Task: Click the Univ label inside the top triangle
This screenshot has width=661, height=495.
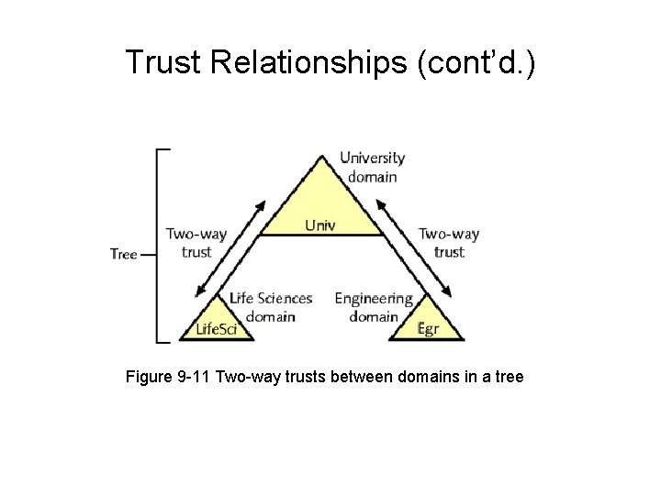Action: pos(320,224)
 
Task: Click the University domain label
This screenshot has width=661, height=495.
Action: pos(373,167)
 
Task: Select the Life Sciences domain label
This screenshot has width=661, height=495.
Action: pos(272,307)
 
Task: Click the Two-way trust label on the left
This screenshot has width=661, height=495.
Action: pos(196,242)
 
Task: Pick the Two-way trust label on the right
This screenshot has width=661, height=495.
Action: pos(449,242)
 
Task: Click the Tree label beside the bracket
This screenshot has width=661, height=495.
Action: pos(123,254)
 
